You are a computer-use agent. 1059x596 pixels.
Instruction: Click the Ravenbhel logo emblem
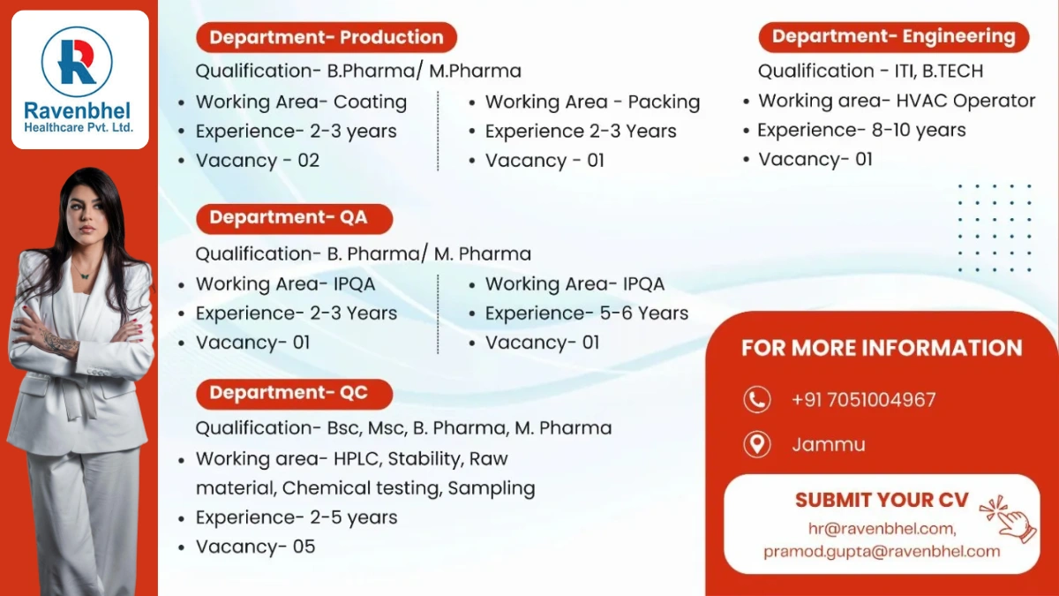[78, 61]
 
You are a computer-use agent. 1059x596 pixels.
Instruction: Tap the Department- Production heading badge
[326, 37]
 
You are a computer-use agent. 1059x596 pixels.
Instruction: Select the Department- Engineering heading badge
[893, 36]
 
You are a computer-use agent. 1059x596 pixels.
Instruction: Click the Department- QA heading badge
[289, 217]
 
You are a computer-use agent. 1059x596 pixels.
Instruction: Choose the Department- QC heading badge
[289, 393]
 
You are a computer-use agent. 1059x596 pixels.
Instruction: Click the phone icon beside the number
[756, 400]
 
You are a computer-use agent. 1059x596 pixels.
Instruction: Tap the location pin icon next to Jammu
[756, 444]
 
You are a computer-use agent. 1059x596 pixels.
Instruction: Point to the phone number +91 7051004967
[863, 400]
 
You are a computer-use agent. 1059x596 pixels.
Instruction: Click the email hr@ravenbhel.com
[882, 528]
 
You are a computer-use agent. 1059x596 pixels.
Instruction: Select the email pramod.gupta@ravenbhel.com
[882, 552]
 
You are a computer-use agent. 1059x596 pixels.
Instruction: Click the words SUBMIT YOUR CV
[882, 500]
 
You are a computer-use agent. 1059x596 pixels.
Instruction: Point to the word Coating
[370, 102]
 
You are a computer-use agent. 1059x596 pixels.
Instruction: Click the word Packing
[664, 102]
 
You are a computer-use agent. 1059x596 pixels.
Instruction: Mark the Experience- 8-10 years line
[861, 131]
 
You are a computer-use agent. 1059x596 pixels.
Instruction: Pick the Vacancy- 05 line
[255, 547]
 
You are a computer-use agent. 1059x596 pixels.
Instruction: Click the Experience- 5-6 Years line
[587, 313]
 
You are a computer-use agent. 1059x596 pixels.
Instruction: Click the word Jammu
[829, 444]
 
